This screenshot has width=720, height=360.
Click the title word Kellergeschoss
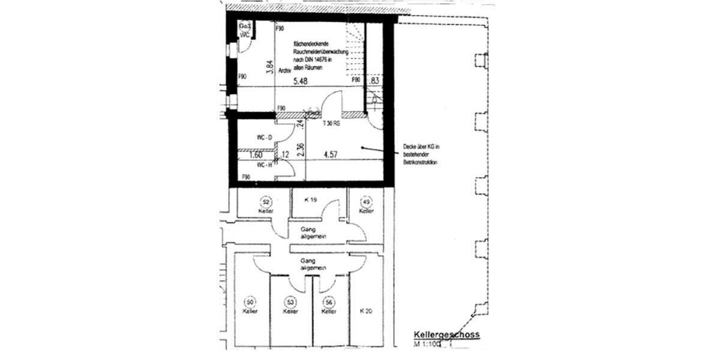coord(446,335)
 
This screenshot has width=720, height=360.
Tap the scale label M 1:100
coord(427,344)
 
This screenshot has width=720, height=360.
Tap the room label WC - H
coord(265,164)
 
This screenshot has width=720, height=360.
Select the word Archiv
coord(285,70)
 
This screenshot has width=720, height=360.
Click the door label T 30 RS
coord(332,124)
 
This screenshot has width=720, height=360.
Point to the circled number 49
coord(366,202)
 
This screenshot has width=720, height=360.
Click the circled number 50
coord(250,301)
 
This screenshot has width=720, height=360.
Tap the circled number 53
coord(290,301)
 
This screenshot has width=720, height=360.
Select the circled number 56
coord(328,301)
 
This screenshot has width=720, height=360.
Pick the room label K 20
coord(366,311)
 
